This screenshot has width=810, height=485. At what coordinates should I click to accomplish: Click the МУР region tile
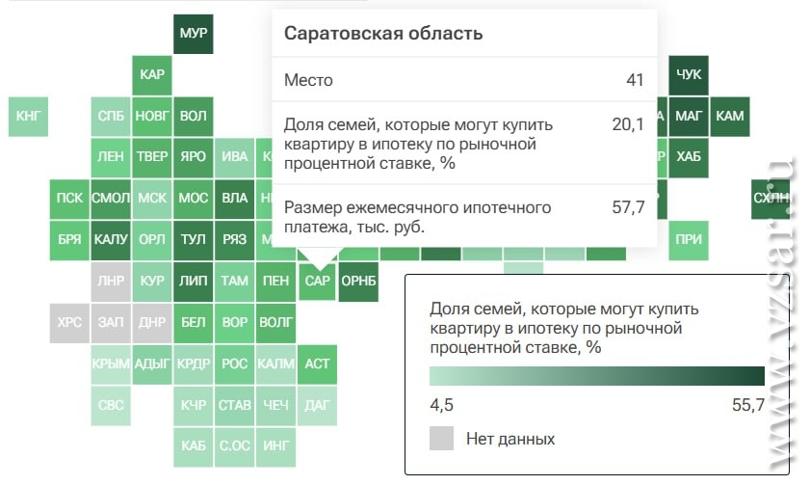194,34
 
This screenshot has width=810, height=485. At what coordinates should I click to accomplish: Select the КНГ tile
28,117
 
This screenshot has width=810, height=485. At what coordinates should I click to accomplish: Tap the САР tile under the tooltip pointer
317,282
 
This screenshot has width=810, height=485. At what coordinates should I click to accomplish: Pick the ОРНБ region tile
358,282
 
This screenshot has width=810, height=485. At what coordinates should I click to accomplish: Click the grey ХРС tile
69,323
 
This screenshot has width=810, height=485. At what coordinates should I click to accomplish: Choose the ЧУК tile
689,75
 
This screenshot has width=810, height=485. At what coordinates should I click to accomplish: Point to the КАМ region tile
730,117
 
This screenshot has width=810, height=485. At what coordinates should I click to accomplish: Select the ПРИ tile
689,240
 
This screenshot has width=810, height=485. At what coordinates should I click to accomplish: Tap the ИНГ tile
275,447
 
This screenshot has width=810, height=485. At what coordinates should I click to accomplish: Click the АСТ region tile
317,364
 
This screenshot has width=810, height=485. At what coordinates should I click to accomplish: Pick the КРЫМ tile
111,364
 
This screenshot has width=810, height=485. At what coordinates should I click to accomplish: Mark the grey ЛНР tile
111,282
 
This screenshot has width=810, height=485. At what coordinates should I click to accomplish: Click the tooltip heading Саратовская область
383,34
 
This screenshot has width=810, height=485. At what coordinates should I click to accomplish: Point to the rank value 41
635,80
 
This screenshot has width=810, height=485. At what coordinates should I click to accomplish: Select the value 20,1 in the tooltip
628,124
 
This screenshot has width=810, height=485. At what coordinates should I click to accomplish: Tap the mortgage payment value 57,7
628,207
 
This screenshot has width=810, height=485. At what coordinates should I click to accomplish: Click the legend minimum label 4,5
442,405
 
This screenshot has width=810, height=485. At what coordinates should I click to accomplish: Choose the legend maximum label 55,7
748,405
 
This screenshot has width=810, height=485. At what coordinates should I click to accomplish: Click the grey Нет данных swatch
442,439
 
